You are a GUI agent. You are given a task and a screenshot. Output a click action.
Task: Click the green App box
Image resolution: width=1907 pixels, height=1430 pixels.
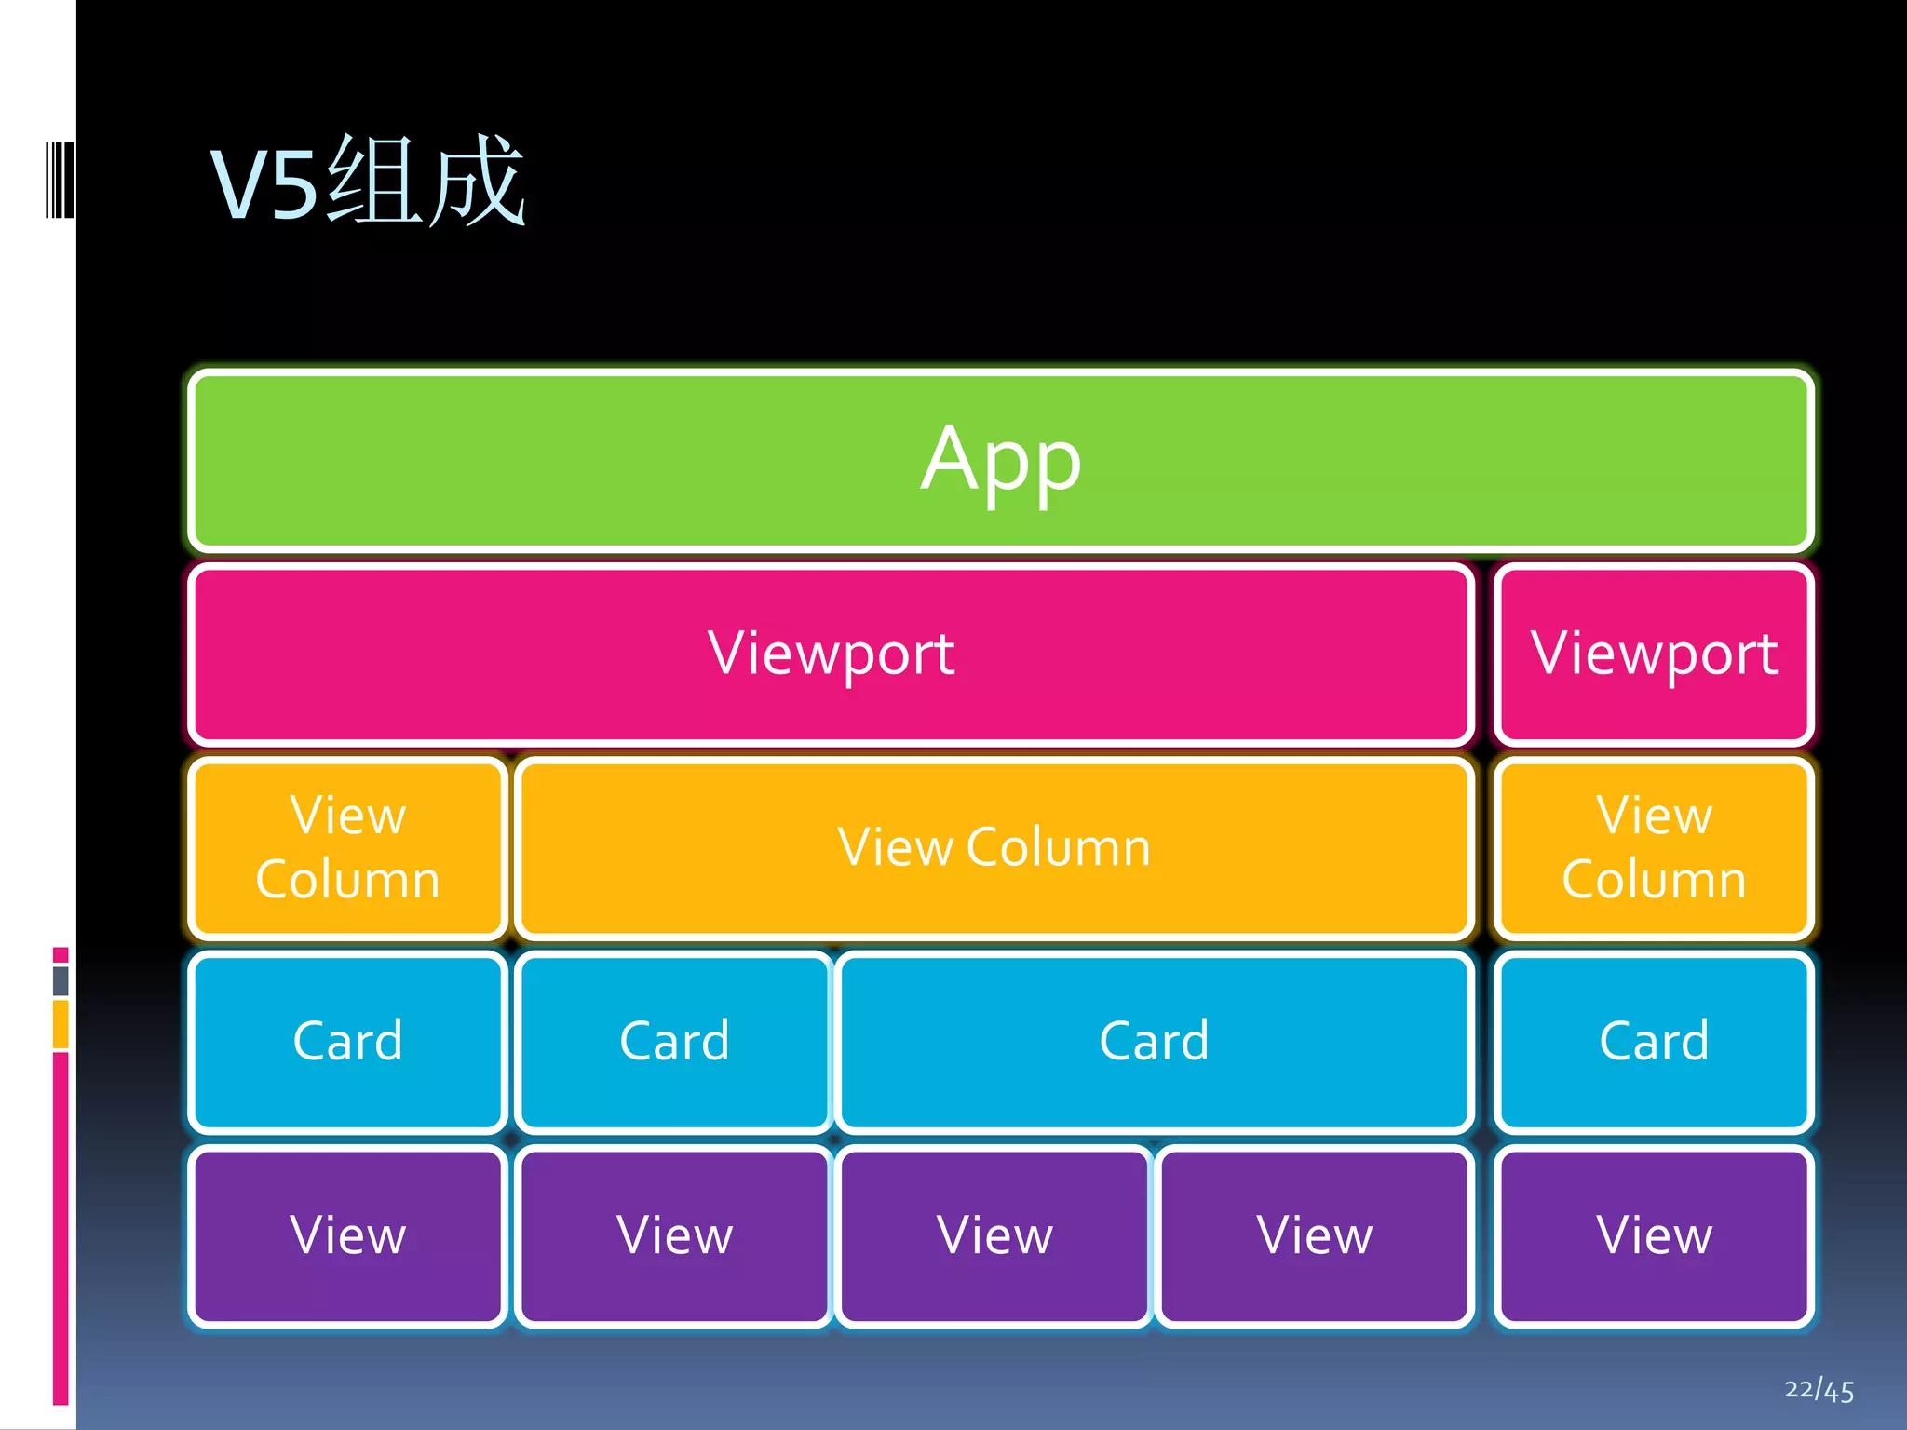1001,459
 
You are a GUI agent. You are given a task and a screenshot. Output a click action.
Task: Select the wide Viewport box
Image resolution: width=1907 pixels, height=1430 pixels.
831,653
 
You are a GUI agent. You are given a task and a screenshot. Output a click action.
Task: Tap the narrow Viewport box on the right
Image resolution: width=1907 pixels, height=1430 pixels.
1654,653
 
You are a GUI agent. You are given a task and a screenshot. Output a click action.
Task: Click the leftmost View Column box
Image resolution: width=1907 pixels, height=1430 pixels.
347,847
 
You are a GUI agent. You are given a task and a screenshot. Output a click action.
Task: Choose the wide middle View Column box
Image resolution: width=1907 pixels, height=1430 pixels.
994,847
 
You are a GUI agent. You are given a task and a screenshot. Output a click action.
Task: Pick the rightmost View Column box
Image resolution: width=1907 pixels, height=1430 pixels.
1654,847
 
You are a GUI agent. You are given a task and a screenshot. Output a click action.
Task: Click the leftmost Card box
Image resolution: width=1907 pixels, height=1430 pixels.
347,1041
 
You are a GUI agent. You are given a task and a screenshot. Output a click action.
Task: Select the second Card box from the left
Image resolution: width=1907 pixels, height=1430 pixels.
674,1041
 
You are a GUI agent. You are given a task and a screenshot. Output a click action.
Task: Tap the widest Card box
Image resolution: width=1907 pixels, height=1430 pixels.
1154,1041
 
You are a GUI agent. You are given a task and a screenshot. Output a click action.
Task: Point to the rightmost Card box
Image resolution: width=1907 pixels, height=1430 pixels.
1654,1041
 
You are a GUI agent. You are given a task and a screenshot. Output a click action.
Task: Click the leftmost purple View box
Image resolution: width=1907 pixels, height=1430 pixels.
347,1235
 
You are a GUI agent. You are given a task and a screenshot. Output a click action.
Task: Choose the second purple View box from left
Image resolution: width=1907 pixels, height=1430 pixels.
674,1235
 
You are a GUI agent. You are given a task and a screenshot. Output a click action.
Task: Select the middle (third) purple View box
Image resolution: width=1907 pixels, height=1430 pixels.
994,1235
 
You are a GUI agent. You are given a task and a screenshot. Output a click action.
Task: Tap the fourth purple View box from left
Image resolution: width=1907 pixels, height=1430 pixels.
1314,1235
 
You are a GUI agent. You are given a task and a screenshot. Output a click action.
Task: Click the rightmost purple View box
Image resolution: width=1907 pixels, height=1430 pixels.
1654,1235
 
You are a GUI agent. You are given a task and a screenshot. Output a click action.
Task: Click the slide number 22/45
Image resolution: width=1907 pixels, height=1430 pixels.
1819,1390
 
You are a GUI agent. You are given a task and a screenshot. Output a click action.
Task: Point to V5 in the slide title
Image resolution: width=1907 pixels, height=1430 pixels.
264,185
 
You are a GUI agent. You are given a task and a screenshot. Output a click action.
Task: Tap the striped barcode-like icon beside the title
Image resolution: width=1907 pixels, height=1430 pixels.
60,180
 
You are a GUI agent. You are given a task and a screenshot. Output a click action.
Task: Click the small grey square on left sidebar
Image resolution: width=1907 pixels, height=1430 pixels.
61,980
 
